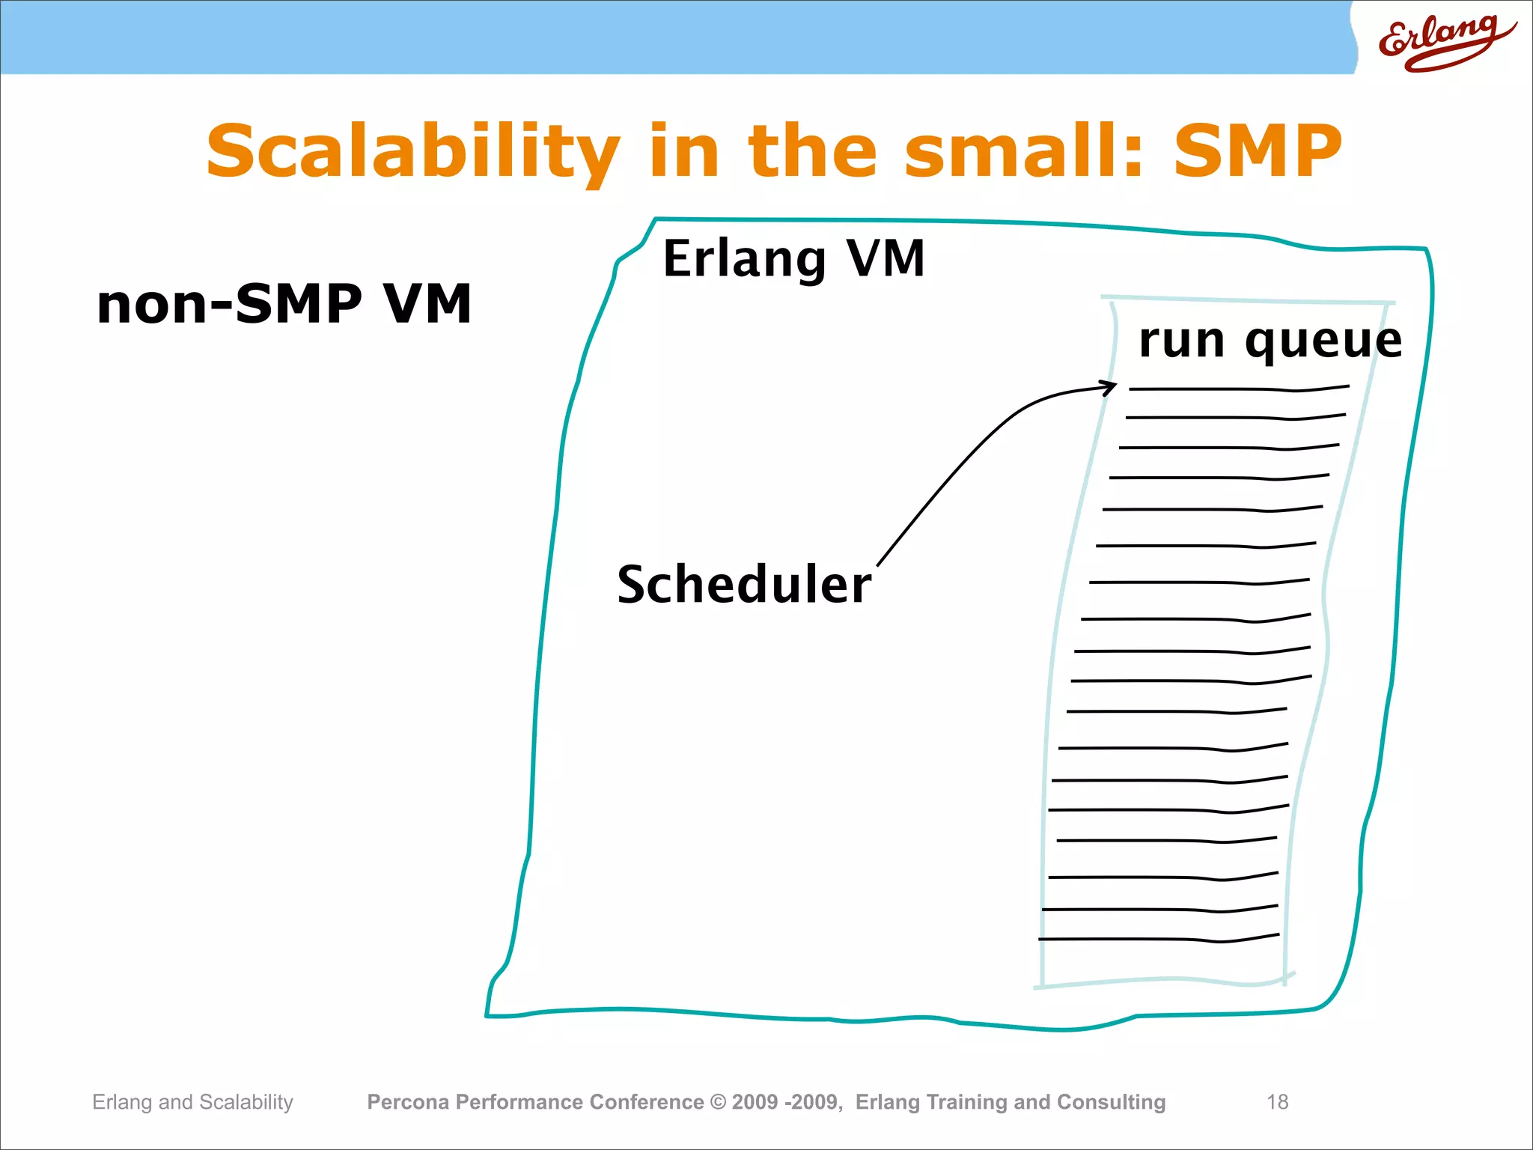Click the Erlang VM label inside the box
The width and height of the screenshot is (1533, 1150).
pos(793,259)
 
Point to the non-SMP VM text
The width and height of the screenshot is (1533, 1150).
pos(284,304)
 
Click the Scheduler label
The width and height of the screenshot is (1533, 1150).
pos(744,585)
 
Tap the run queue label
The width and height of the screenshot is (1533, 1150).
pos(1270,341)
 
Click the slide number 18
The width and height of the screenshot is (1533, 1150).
pos(1277,1102)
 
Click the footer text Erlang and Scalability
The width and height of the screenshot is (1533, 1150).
pos(192,1102)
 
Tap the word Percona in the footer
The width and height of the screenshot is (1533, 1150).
pos(408,1102)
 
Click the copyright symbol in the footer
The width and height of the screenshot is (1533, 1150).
pos(718,1102)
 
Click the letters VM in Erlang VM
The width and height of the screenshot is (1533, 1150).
pos(886,259)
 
